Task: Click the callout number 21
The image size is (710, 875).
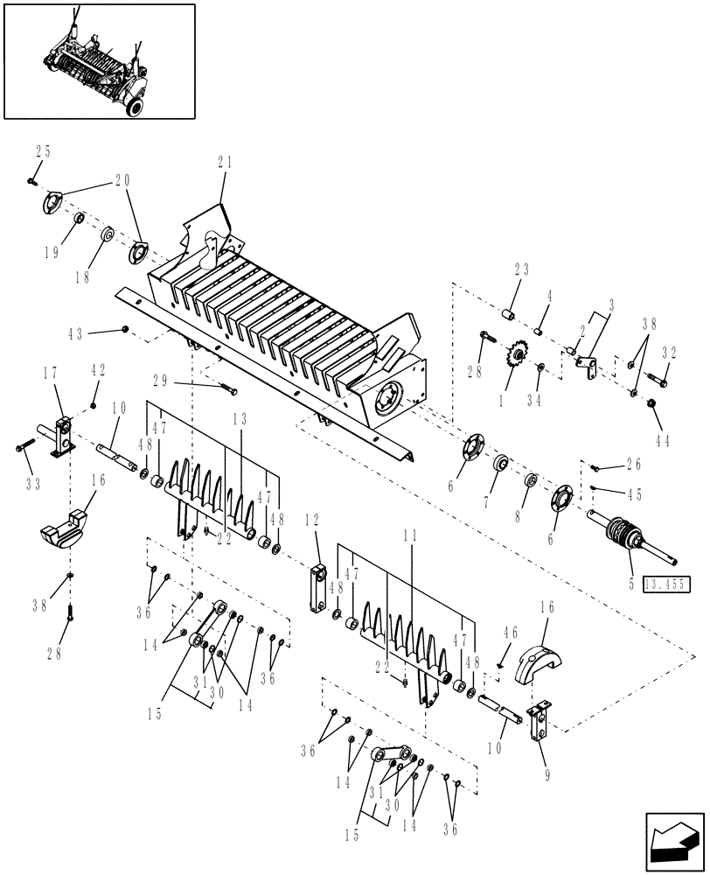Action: click(225, 162)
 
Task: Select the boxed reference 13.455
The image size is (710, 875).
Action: click(665, 583)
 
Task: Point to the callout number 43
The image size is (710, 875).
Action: click(76, 334)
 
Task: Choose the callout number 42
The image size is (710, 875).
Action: click(97, 371)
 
